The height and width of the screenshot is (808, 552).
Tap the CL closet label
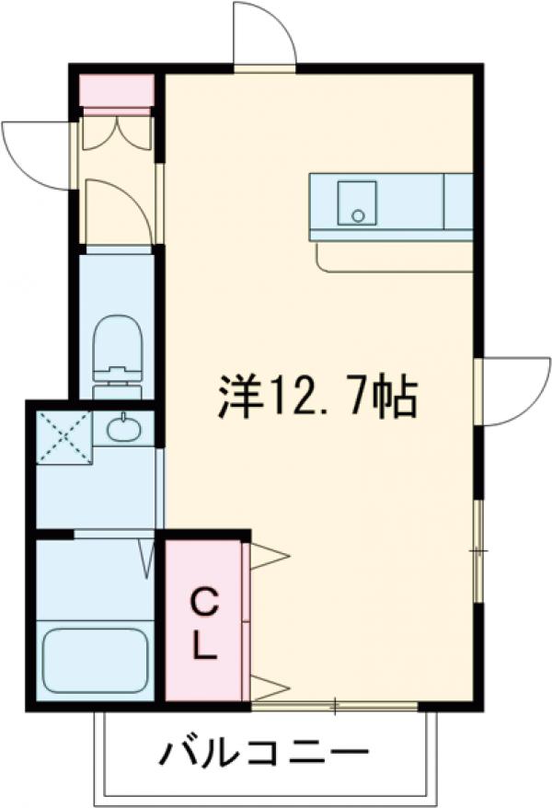[x=204, y=624]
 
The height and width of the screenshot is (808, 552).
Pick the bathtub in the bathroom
[x=96, y=661]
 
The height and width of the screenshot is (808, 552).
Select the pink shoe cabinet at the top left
[x=116, y=91]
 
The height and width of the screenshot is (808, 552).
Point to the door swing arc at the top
[x=263, y=35]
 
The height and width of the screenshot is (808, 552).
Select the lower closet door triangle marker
[x=268, y=687]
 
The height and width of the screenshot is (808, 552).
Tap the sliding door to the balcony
[x=335, y=708]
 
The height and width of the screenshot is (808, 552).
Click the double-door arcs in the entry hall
[x=116, y=132]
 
